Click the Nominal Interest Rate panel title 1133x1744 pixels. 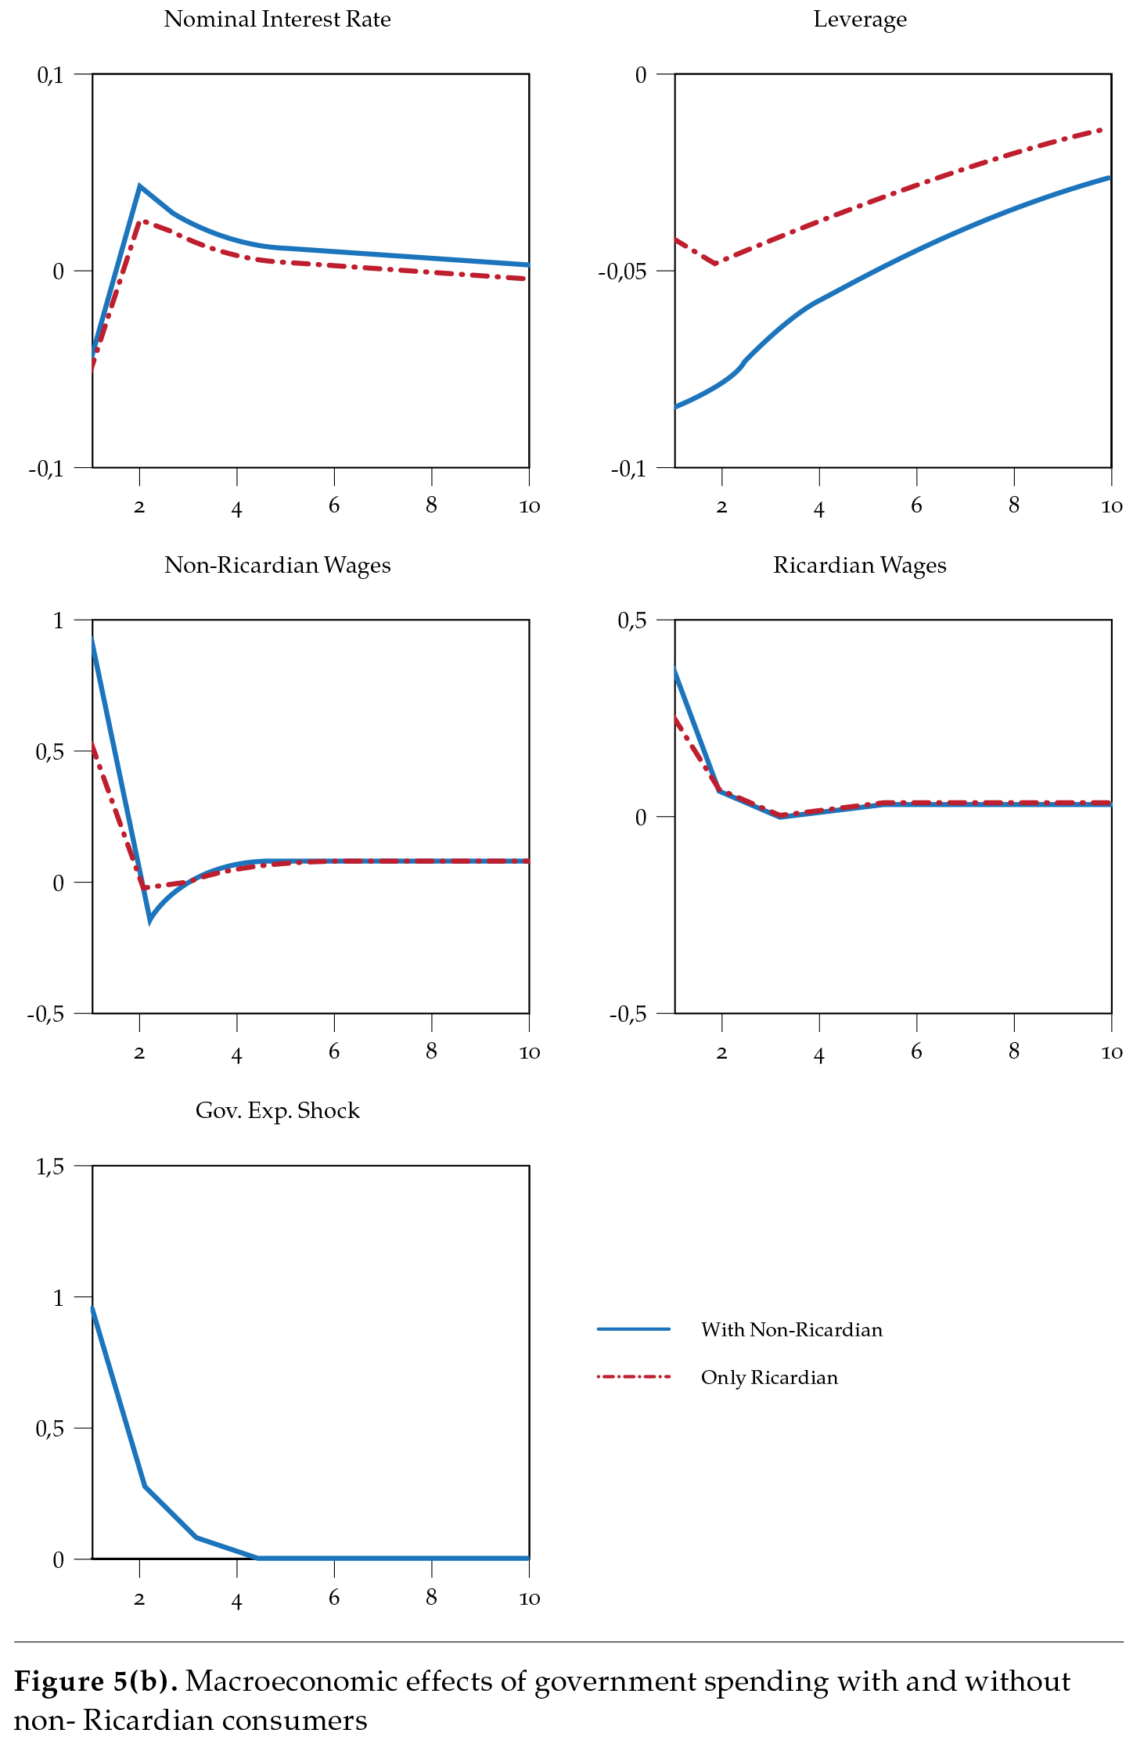277,20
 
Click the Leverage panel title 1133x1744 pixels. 860,20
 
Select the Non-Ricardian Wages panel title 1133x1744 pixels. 277,566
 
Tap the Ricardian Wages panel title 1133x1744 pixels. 860,566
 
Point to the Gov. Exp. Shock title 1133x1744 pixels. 277,1111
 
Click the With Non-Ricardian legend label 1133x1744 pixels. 791,1330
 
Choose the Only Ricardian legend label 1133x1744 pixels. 769,1378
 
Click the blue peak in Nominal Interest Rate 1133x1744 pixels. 139,186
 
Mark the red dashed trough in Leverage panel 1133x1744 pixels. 716,264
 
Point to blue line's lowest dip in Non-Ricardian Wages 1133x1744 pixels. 149,921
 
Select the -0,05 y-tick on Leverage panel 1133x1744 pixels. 623,271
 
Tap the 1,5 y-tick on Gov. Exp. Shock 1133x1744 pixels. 49,1167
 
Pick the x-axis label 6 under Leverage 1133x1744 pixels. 916,506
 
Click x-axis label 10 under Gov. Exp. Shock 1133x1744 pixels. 530,1598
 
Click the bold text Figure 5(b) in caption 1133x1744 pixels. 95,1681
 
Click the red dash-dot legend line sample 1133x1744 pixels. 634,1376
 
